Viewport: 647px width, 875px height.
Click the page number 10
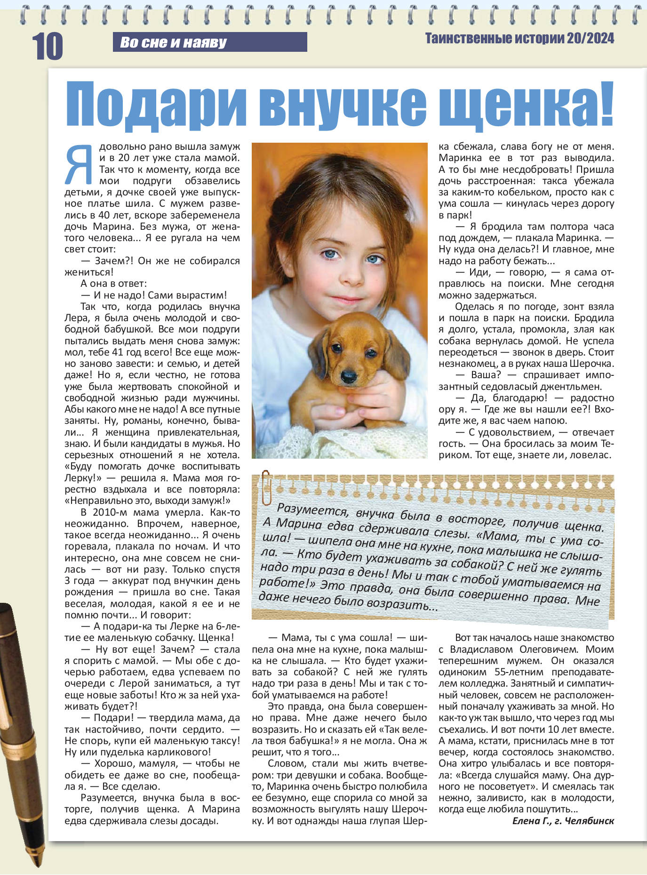coord(48,46)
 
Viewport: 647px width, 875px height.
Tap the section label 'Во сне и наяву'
coord(173,42)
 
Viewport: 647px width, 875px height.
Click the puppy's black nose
coord(349,375)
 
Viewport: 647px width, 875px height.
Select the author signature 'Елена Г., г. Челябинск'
coord(563,820)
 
